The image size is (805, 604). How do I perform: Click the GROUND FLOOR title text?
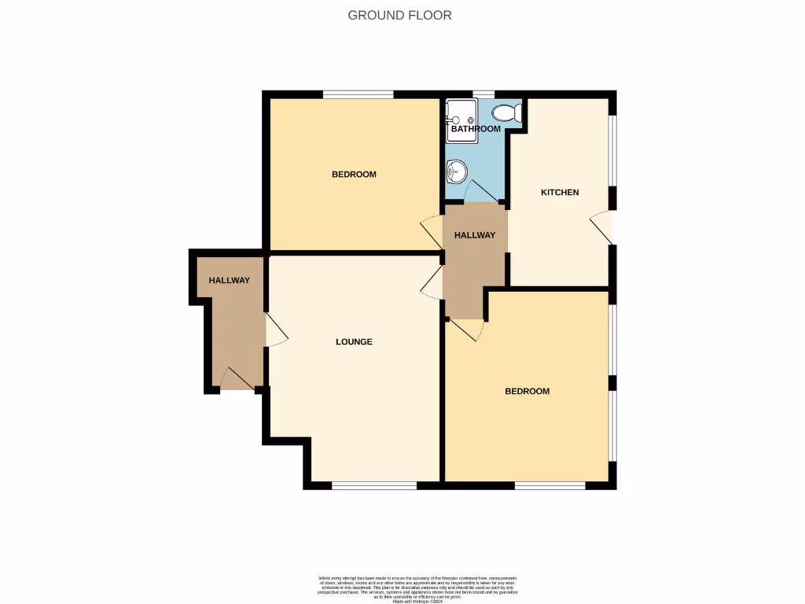tap(399, 15)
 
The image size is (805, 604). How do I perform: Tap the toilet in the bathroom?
tap(512, 113)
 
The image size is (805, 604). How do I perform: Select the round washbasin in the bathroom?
tap(456, 169)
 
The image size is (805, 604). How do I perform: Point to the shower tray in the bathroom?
tap(461, 120)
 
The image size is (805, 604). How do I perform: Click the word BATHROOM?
tap(475, 129)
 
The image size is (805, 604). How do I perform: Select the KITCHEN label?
tap(559, 193)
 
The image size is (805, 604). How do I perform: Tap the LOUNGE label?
tap(354, 342)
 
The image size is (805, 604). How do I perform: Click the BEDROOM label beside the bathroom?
tap(354, 175)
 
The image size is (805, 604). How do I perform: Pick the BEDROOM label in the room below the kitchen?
tap(527, 391)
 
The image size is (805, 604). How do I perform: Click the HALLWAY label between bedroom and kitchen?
tap(475, 235)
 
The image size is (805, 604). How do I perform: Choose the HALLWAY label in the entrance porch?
tap(229, 281)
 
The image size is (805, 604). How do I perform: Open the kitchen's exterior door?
tap(604, 227)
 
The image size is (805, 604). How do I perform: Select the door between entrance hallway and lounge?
tap(275, 330)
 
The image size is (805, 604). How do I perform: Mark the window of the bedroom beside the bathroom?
tap(358, 94)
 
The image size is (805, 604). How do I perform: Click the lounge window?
tap(373, 485)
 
